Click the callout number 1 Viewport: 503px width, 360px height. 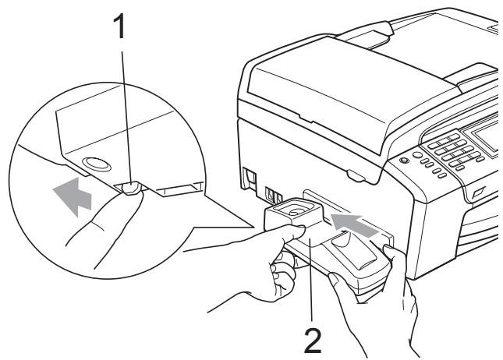click(119, 27)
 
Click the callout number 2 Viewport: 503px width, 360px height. click(313, 341)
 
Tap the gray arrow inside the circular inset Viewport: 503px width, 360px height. click(73, 196)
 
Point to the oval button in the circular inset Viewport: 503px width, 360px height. click(97, 164)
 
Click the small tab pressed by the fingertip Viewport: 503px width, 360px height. click(131, 188)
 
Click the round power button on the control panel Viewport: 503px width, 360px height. click(404, 160)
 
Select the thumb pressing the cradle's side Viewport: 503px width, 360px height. click(289, 231)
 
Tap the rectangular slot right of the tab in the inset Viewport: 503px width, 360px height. click(179, 189)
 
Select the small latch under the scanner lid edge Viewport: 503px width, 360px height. click(356, 176)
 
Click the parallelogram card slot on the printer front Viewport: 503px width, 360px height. click(478, 192)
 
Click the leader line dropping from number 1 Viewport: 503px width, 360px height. click(126, 117)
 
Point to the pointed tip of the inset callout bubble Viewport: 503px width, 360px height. click(253, 228)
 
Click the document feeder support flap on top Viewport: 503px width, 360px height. click(366, 34)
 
